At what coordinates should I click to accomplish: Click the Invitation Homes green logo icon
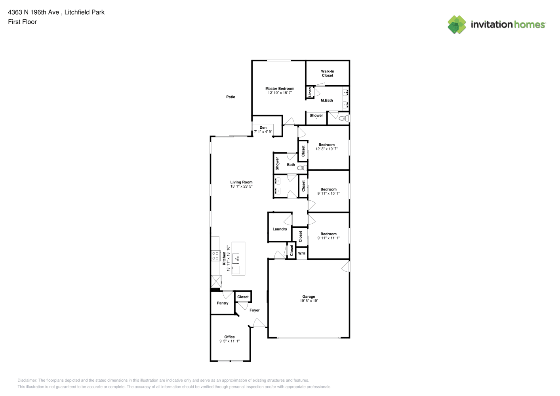[457, 25]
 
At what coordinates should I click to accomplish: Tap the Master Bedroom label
[280, 88]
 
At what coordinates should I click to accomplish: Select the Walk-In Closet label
[328, 73]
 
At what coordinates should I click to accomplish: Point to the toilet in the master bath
[344, 118]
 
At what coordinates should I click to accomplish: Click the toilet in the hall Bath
[302, 168]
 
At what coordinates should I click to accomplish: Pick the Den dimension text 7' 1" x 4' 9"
[263, 131]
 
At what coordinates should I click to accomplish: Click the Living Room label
[241, 182]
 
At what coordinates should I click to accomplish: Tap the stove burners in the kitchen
[215, 256]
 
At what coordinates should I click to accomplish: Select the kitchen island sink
[236, 259]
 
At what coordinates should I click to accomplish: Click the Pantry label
[223, 303]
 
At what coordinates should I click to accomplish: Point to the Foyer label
[255, 310]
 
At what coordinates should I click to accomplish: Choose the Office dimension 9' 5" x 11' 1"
[229, 341]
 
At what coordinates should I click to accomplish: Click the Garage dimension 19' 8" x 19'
[309, 301]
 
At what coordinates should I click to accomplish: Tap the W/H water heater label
[302, 253]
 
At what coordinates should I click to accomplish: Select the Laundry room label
[280, 229]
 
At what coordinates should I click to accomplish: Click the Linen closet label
[310, 92]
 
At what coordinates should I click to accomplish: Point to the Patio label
[231, 97]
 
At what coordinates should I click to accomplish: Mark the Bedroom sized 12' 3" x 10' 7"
[326, 147]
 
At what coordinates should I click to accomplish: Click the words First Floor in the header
[22, 22]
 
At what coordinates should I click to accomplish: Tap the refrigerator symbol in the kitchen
[217, 281]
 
